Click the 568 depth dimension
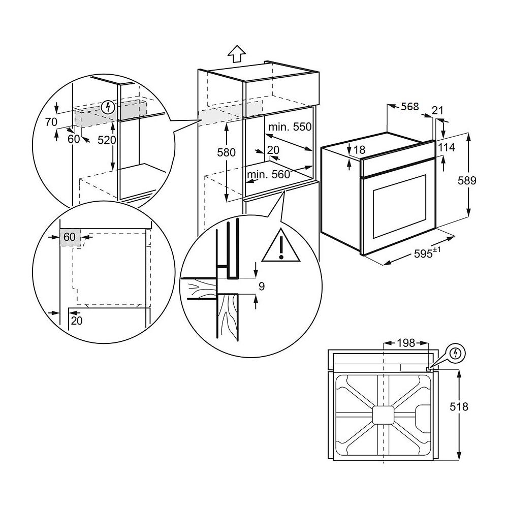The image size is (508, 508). (x=409, y=107)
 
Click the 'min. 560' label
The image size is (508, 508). (x=268, y=175)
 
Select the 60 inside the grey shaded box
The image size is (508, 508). (x=70, y=237)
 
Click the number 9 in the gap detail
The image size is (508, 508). (x=262, y=287)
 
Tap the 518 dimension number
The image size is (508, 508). (x=473, y=406)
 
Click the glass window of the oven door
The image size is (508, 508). (x=399, y=206)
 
